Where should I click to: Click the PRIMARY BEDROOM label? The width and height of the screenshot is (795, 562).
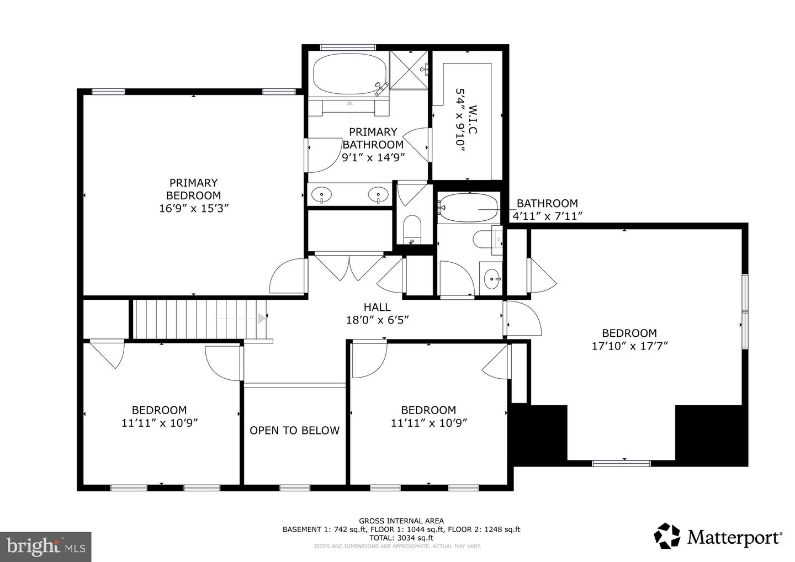coord(193,189)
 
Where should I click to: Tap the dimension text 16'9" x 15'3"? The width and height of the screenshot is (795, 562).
coord(193,208)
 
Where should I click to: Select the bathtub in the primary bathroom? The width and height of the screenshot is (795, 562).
coord(350,75)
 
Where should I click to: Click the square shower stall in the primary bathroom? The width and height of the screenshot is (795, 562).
coord(409,70)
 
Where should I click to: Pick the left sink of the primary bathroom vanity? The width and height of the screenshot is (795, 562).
coord(321,195)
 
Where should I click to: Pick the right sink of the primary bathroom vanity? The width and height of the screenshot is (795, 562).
coord(378,195)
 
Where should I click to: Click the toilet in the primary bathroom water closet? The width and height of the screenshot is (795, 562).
coord(411,230)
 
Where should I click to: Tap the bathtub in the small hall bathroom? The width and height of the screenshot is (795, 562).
coord(468,208)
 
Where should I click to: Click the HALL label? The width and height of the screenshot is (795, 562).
coord(377,307)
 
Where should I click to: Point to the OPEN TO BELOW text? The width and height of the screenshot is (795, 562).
coord(294,431)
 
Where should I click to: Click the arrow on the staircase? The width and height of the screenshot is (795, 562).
coord(261,318)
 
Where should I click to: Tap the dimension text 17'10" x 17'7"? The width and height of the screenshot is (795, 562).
coord(629,346)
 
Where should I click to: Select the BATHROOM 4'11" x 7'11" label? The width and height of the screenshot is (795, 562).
coord(547,209)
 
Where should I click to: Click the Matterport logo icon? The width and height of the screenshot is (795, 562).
coord(667,536)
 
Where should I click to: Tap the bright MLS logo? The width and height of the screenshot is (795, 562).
coord(45,547)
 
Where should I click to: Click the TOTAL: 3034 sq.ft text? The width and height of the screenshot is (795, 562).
coord(401,538)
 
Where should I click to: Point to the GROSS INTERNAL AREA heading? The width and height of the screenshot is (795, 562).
coord(401,521)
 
